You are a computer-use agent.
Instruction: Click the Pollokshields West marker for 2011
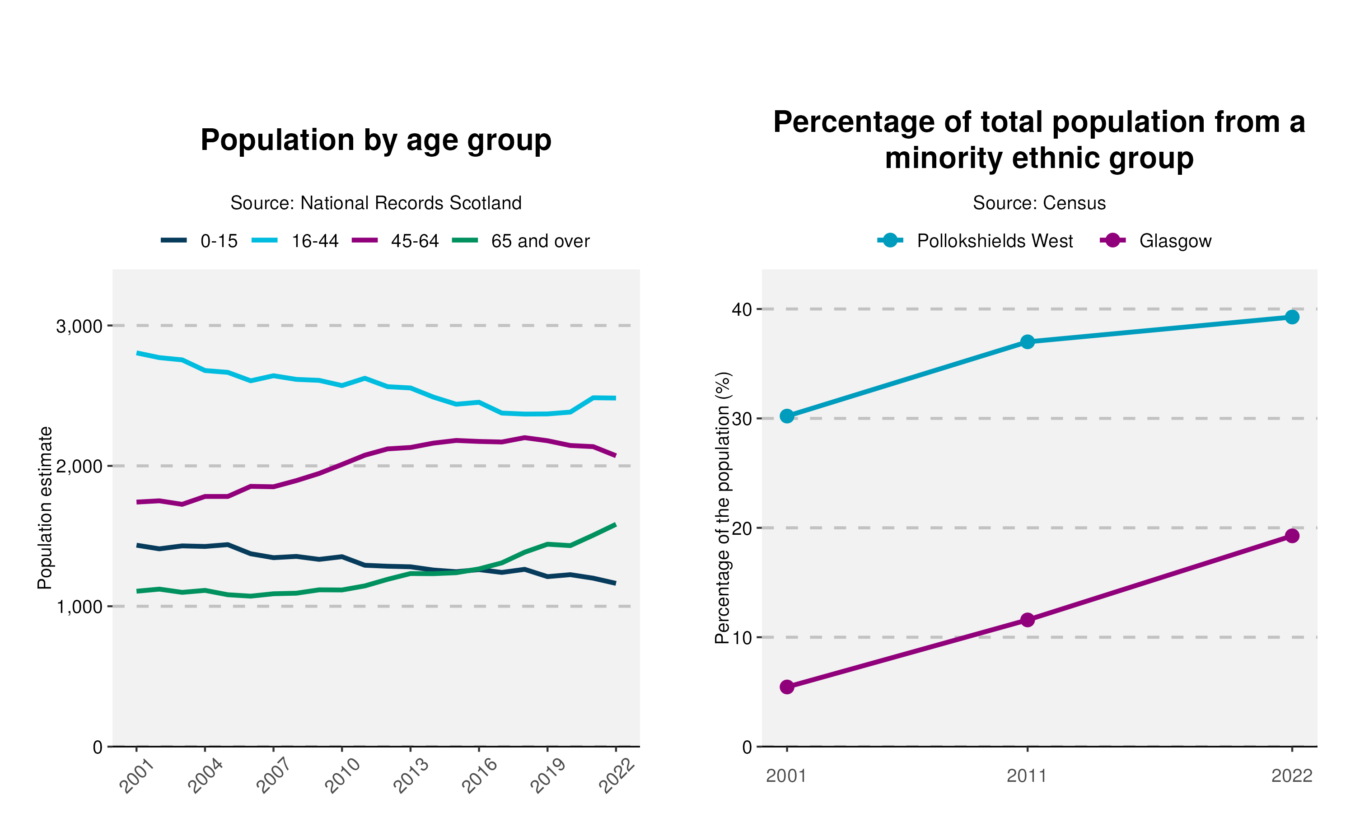coord(1028,342)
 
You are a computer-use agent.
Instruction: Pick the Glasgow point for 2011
coord(1028,620)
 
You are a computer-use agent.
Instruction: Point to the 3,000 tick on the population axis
coord(79,327)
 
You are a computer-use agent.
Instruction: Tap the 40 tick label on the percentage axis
coord(742,309)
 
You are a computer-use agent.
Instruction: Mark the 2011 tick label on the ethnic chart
coord(1027,776)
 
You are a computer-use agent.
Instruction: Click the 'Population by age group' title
coord(376,140)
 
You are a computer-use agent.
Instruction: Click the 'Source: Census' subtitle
coord(1039,203)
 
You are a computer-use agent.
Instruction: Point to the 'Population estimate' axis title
coord(45,508)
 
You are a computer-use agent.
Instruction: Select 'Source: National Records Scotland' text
coord(376,203)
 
